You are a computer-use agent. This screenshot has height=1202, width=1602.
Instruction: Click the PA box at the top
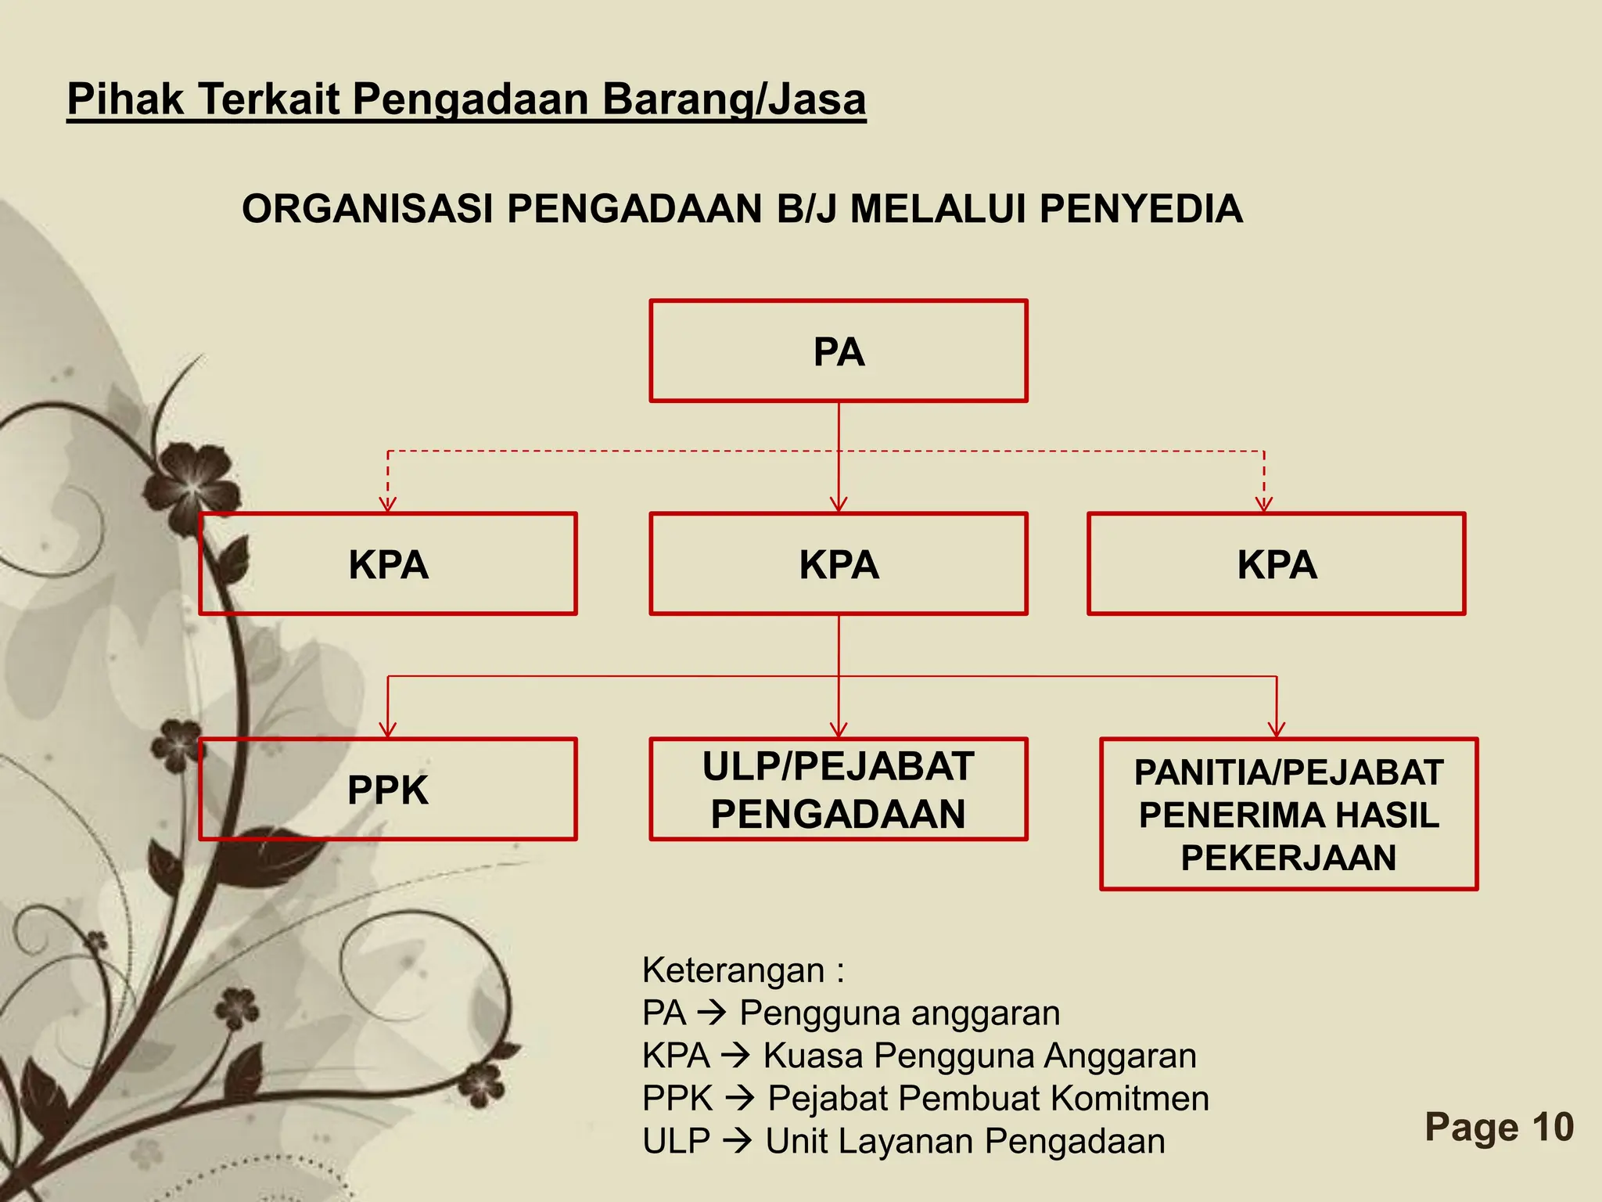838,351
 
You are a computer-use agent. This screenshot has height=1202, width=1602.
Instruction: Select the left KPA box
388,564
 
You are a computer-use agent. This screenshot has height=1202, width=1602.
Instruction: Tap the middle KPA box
838,564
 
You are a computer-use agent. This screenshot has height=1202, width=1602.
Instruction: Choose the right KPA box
1276,564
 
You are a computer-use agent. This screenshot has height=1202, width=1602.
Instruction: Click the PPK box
388,790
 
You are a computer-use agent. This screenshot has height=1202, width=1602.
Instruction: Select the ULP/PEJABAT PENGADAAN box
838,790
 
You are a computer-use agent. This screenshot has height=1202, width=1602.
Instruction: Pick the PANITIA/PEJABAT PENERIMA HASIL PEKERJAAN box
1288,815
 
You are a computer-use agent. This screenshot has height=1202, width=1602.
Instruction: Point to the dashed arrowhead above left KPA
388,504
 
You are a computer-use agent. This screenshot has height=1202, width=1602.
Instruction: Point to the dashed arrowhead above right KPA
1264,504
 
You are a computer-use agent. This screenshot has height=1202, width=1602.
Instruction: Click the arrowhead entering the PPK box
388,729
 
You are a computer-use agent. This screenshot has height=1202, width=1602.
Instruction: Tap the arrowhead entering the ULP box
839,729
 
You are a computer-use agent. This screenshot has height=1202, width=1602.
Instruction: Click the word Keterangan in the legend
733,970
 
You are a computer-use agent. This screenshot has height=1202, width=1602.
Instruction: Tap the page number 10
1553,1127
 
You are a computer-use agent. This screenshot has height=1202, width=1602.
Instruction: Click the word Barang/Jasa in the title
734,99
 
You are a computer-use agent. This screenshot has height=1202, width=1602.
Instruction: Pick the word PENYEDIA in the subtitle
1141,209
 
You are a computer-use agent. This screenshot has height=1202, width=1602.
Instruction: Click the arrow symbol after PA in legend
713,1013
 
